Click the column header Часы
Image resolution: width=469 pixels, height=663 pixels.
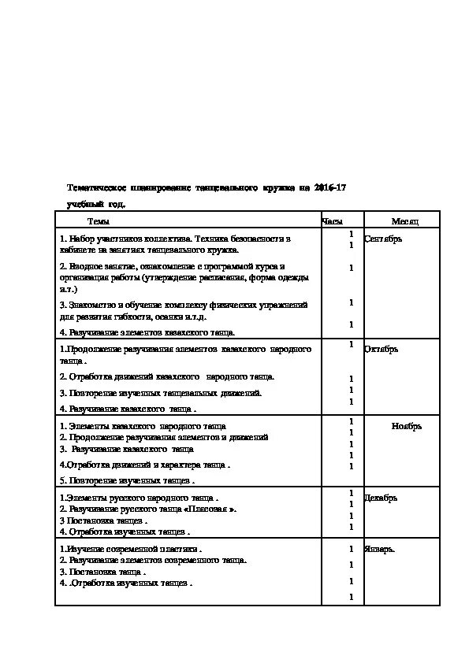click(x=332, y=221)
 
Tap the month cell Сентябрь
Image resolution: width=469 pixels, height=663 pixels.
click(x=383, y=239)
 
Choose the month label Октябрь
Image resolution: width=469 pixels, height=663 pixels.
click(x=381, y=349)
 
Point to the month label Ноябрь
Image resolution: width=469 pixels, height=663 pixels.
click(x=407, y=426)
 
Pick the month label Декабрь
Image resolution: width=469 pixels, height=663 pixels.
click(x=381, y=498)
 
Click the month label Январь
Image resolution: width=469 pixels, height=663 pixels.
click(x=379, y=549)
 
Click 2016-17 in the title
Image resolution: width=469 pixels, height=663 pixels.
click(x=329, y=187)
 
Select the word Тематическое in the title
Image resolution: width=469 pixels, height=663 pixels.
click(x=97, y=187)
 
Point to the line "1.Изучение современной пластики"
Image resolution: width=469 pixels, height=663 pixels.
click(x=131, y=549)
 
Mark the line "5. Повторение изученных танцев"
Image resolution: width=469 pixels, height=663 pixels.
click(x=127, y=479)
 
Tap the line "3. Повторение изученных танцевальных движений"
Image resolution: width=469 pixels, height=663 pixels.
click(x=161, y=392)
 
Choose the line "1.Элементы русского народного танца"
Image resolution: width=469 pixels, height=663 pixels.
click(x=139, y=498)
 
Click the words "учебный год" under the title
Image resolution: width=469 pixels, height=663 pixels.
click(x=95, y=204)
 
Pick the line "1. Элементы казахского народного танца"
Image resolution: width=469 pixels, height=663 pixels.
click(x=143, y=426)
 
